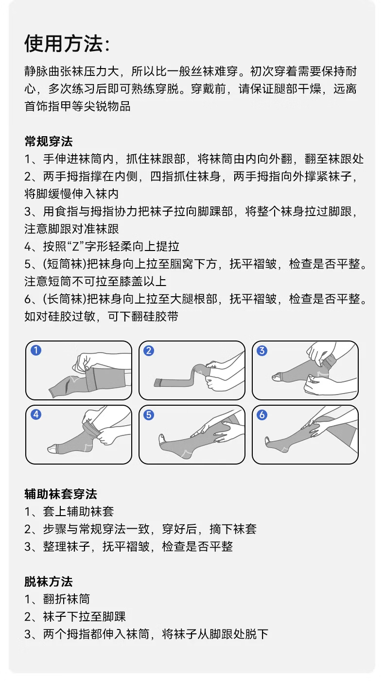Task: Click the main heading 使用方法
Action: (64, 44)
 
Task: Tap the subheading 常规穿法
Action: (49, 142)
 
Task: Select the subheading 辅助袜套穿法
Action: (61, 494)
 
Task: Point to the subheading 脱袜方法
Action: (49, 581)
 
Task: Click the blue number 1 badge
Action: (36, 350)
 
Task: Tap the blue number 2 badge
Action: (149, 350)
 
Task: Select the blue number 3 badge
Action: (262, 350)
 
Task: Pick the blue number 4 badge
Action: (36, 414)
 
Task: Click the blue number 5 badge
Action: (149, 414)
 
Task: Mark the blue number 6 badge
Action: (262, 414)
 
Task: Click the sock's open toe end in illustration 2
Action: (158, 383)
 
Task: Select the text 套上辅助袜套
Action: (79, 512)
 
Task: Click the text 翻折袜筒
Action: (67, 599)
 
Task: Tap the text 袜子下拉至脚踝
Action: (85, 617)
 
